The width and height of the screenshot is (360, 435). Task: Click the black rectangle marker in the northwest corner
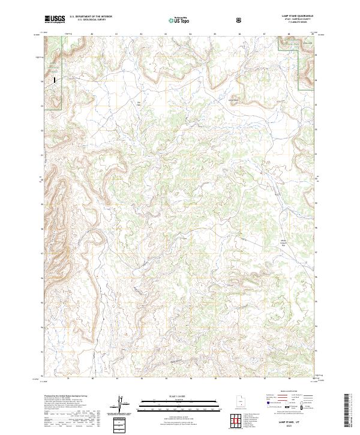pos(56,78)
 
